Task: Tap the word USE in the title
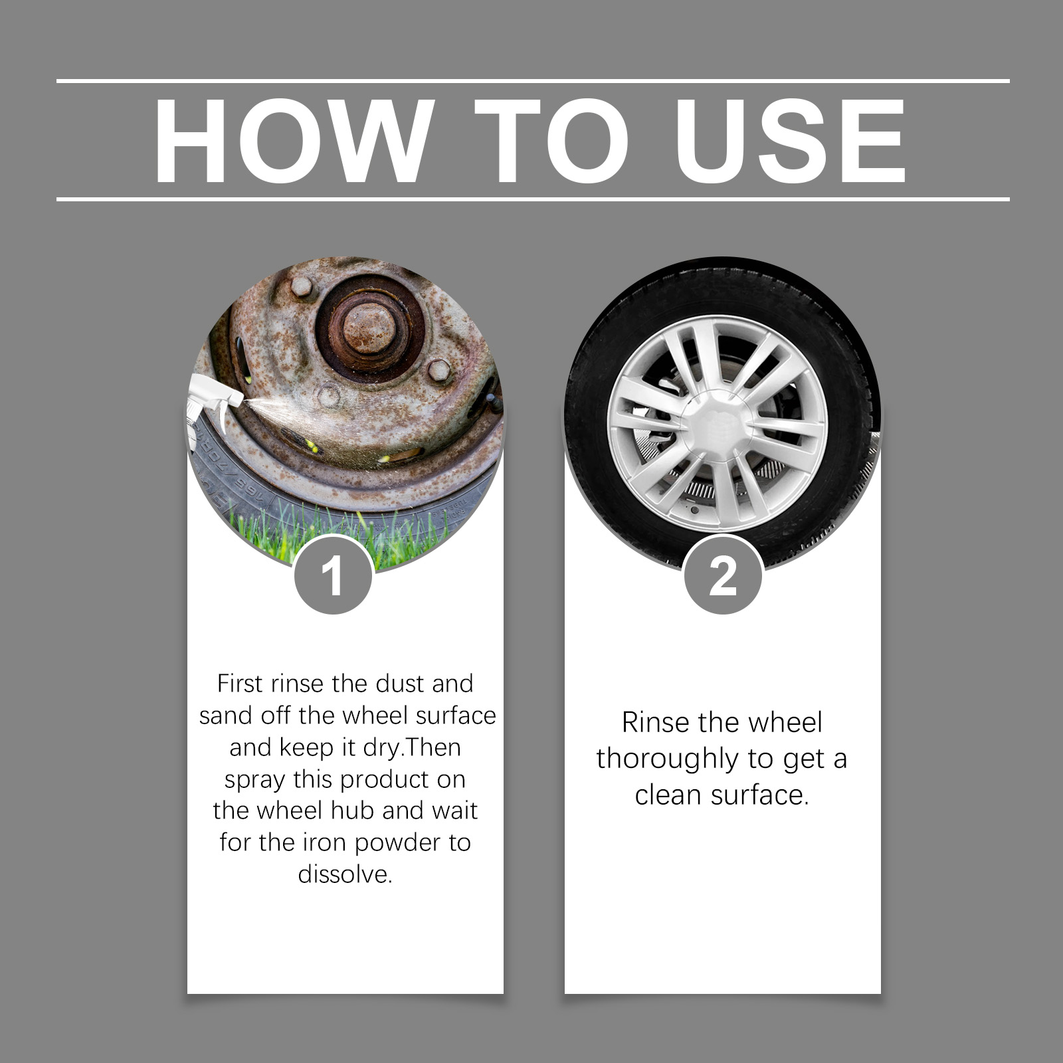[790, 140]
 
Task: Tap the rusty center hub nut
[369, 329]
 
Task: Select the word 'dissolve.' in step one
[345, 874]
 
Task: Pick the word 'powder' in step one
[399, 843]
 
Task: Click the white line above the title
[533, 81]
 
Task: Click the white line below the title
[533, 199]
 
